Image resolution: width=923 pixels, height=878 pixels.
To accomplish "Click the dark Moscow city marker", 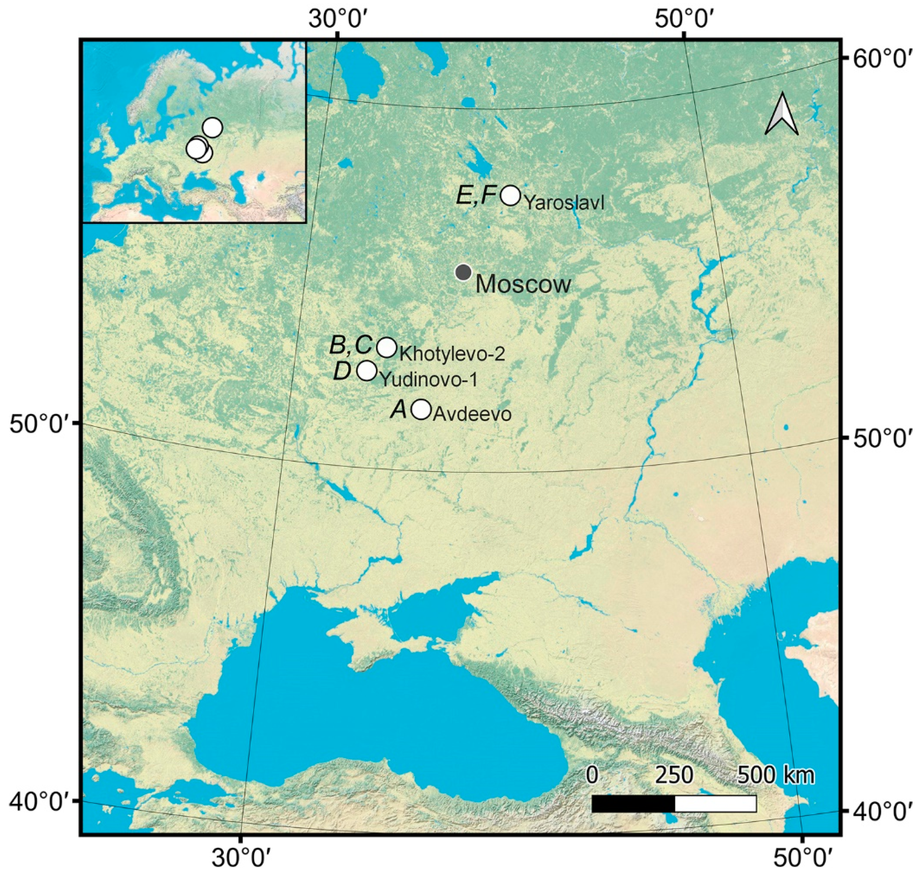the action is pyautogui.click(x=463, y=272).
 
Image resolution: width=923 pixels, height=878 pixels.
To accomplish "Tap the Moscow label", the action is pyautogui.click(x=523, y=284).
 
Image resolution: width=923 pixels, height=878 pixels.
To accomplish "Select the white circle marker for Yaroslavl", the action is pyautogui.click(x=511, y=195).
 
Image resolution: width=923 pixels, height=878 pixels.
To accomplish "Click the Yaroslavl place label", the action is pyautogui.click(x=564, y=204).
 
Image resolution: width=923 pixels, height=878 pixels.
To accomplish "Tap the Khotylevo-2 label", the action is pyautogui.click(x=452, y=354).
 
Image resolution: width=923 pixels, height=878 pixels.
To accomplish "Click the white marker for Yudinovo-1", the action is pyautogui.click(x=367, y=371).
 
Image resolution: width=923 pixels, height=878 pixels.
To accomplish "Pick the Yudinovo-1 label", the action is pyautogui.click(x=428, y=379).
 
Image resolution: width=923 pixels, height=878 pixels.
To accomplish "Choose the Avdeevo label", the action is pyautogui.click(x=472, y=415).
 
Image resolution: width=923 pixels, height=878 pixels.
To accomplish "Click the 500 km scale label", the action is pyautogui.click(x=776, y=776).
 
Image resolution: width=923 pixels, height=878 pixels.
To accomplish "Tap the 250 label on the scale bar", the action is pyautogui.click(x=674, y=776).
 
